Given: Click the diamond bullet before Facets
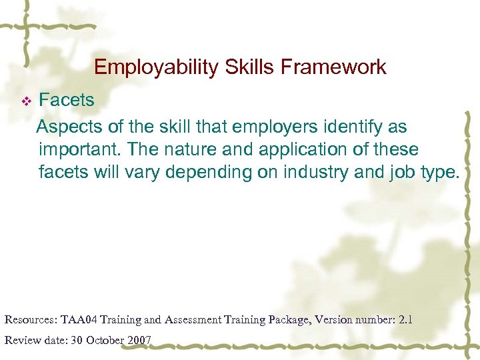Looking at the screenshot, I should coord(27,101).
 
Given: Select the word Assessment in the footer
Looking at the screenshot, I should coord(193,319).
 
